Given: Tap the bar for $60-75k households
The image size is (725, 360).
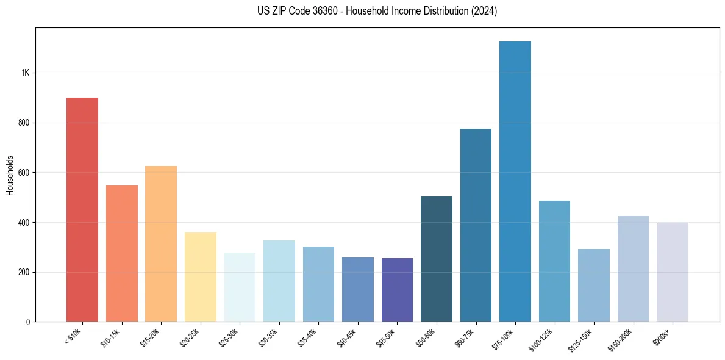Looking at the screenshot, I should [476, 225].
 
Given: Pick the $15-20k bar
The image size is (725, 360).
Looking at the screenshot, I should [161, 243].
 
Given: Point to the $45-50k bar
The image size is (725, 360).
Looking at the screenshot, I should [397, 290].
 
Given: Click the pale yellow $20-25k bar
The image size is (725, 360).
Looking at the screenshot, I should [201, 277].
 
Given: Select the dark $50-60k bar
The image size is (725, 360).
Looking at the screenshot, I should [437, 259].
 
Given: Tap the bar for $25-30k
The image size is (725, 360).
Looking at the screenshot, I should [240, 287].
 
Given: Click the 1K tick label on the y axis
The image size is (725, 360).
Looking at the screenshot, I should [25, 73].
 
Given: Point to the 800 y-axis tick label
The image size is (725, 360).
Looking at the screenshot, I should [24, 123].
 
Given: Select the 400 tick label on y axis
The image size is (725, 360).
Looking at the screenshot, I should [24, 222].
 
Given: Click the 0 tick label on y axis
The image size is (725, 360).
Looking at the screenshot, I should [28, 322].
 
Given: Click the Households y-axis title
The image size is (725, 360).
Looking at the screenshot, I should [10, 175].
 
